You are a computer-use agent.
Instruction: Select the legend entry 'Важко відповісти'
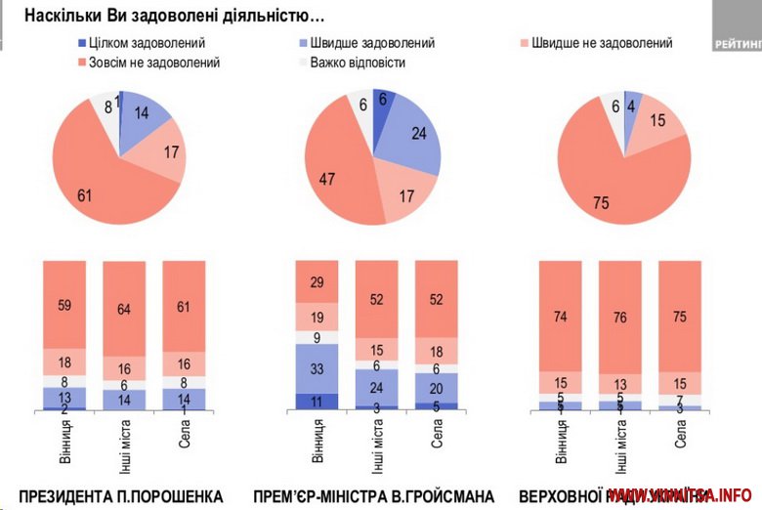pos(357,63)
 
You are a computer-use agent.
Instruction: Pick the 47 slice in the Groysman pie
pos(332,176)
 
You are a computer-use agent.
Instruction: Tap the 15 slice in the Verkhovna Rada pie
pos(657,123)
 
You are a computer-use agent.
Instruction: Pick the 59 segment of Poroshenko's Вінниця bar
pos(63,304)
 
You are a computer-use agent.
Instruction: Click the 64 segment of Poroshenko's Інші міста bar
pos(123,310)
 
